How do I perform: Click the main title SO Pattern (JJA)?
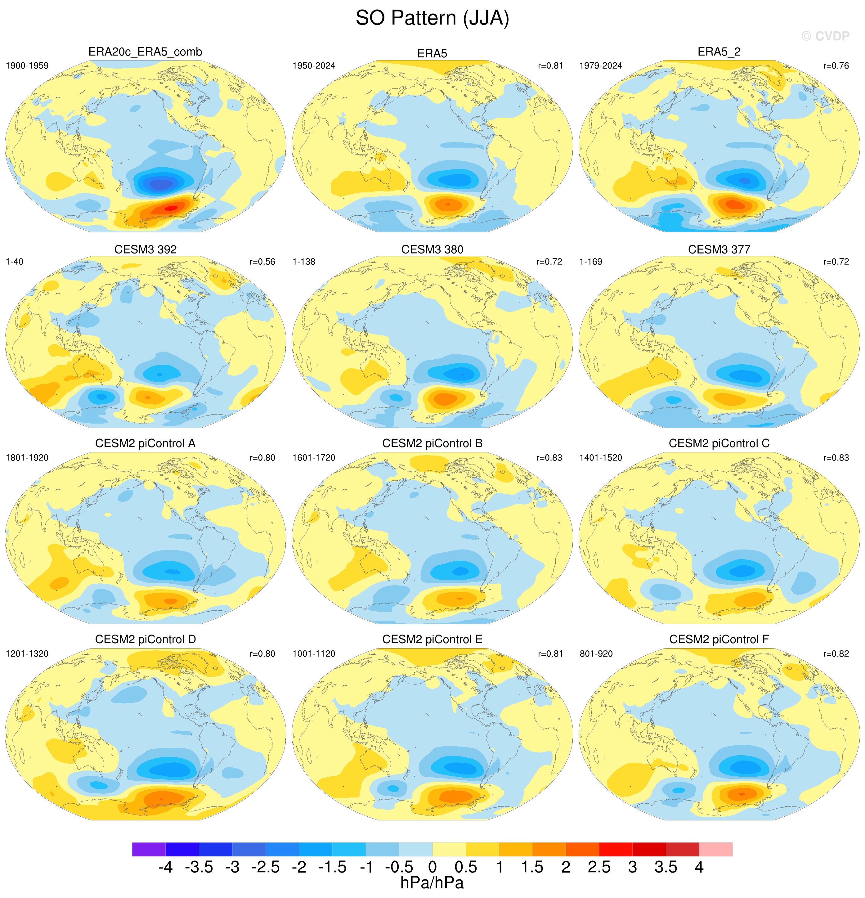(x=432, y=18)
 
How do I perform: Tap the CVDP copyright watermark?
(x=826, y=36)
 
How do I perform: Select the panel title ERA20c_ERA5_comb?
(x=145, y=52)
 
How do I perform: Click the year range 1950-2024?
(x=314, y=65)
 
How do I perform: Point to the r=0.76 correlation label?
(x=836, y=65)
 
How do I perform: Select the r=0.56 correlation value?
(x=262, y=262)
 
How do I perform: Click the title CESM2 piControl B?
(x=432, y=443)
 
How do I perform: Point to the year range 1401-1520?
(x=601, y=458)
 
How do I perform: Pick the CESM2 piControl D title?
(x=145, y=639)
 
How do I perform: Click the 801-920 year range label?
(x=596, y=654)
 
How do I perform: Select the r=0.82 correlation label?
(x=836, y=654)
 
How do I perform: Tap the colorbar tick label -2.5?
(x=265, y=867)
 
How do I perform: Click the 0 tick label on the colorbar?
(x=432, y=867)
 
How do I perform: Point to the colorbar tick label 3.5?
(x=666, y=867)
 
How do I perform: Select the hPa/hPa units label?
(x=432, y=883)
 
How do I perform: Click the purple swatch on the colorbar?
(x=149, y=849)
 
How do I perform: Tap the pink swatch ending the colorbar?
(x=716, y=849)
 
